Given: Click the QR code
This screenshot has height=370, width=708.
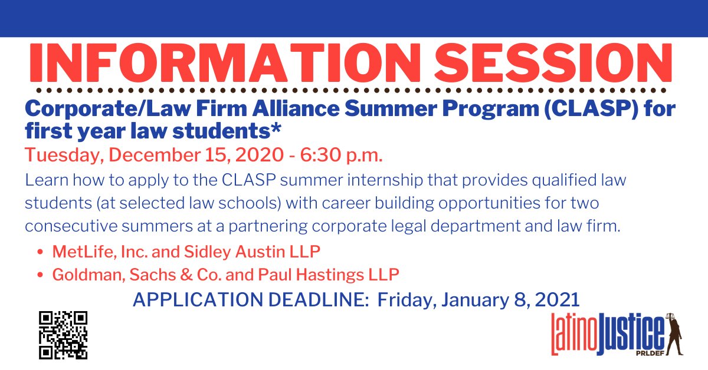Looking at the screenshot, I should coord(63,335).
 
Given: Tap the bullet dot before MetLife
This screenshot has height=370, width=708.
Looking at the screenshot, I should coord(40,253).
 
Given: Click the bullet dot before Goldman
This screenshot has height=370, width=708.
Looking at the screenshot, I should coord(40,275).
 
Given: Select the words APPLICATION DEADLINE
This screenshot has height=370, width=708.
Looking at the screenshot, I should coord(251,300).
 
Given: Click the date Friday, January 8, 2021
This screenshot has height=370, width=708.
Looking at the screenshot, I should coord(478,300).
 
